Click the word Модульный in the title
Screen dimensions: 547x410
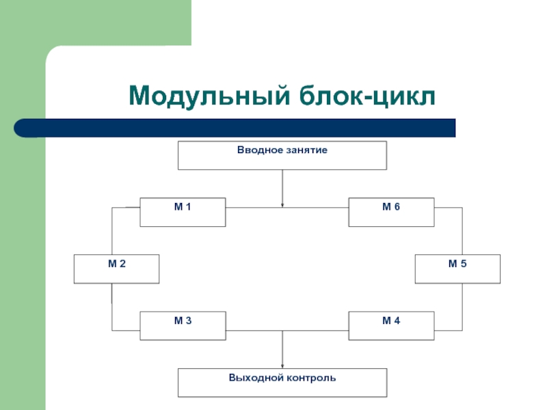click(209, 96)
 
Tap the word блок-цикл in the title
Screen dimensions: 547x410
click(367, 95)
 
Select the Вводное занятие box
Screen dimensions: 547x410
click(282, 156)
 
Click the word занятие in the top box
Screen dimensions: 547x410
click(307, 150)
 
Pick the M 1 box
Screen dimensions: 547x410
click(183, 213)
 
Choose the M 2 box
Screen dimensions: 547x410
click(116, 269)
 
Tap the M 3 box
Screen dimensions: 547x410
click(183, 326)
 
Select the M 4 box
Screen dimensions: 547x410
click(391, 326)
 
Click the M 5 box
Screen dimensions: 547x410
click(457, 269)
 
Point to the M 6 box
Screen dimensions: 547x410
click(391, 213)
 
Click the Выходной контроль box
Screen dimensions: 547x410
click(282, 383)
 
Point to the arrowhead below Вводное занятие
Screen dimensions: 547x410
click(282, 206)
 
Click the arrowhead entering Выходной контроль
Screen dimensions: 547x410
click(282, 366)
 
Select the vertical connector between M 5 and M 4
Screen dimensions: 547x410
click(463, 307)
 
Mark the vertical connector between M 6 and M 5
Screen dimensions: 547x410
click(463, 231)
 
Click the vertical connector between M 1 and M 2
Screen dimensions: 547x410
click(112, 231)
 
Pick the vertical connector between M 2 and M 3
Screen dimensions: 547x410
click(112, 307)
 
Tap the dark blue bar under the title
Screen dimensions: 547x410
click(235, 128)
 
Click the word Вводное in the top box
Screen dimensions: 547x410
click(260, 150)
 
